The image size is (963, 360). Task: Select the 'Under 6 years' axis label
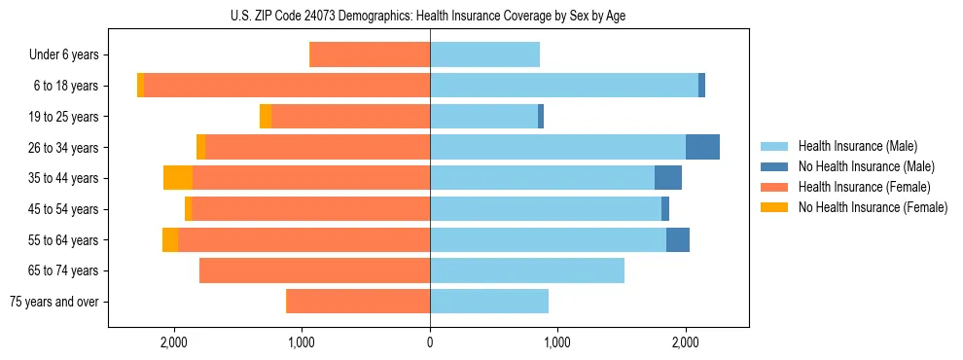[x=70, y=55]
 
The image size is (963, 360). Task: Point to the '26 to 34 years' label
[x=66, y=148]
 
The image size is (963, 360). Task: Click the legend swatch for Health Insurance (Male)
[x=774, y=146]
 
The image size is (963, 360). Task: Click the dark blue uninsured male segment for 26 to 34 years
[x=702, y=147]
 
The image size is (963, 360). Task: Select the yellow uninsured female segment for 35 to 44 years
[x=178, y=178]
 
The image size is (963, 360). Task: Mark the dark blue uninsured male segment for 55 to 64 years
[x=678, y=239]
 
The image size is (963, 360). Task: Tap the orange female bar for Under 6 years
[x=370, y=55]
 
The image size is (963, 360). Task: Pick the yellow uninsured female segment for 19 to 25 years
[x=266, y=117]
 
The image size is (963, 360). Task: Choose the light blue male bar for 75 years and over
[x=488, y=302]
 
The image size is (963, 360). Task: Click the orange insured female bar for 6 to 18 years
[x=287, y=86]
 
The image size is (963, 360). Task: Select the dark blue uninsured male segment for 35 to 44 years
[x=668, y=178]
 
